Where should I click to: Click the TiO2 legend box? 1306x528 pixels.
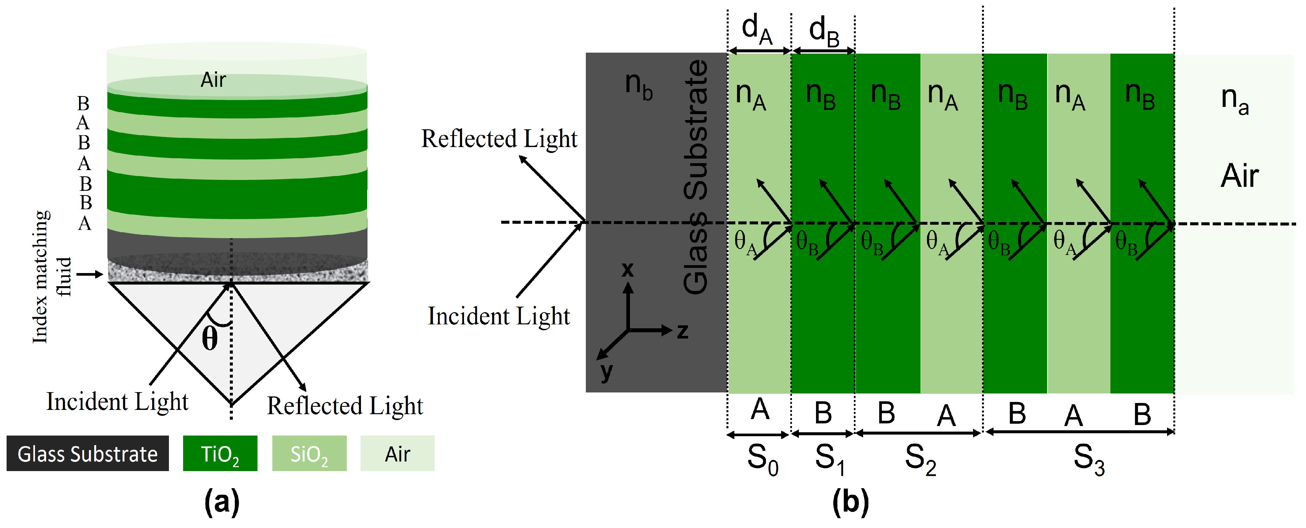pyautogui.click(x=220, y=454)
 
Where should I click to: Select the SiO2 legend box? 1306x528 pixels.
pyautogui.click(x=309, y=454)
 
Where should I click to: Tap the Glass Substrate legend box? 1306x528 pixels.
pyautogui.click(x=87, y=454)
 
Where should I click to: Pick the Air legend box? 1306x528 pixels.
pyautogui.click(x=397, y=454)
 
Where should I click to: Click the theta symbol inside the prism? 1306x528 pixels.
pyautogui.click(x=210, y=339)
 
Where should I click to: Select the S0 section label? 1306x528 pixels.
pyautogui.click(x=762, y=460)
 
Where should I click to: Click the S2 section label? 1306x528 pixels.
pyautogui.click(x=920, y=460)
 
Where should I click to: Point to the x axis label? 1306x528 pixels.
pyautogui.click(x=628, y=269)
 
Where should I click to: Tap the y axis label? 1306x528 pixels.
pyautogui.click(x=606, y=371)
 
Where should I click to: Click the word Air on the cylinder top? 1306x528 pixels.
pyautogui.click(x=213, y=80)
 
